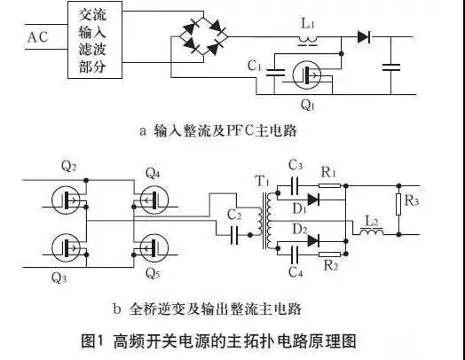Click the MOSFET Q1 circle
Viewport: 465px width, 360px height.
[x=308, y=75]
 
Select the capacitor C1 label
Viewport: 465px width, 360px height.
[x=254, y=64]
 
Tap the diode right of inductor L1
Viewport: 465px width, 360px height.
[x=363, y=36]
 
